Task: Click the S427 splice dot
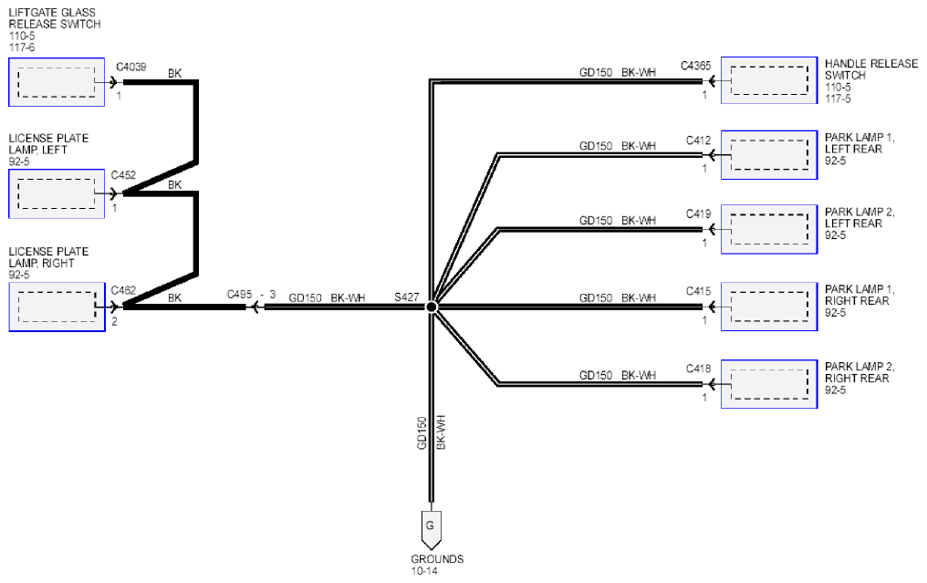tap(432, 307)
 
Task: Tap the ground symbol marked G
tap(431, 528)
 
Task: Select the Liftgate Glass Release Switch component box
tap(57, 82)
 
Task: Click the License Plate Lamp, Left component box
tap(57, 194)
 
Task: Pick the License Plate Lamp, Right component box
tap(57, 307)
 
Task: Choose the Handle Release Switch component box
tap(769, 80)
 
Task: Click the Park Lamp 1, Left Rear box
tap(769, 155)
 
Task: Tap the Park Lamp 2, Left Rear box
tap(769, 229)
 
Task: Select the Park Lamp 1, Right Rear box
tap(769, 307)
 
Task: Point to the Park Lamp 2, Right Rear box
tap(769, 384)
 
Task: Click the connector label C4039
tap(130, 67)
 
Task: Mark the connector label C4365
tap(695, 66)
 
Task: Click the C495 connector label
tap(239, 294)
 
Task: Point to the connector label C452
tap(123, 175)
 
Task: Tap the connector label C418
tap(698, 369)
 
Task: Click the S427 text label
tap(407, 297)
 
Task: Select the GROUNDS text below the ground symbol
tap(437, 558)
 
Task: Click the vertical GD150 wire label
tap(422, 432)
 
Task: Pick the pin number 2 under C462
tap(114, 322)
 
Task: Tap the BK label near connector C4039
tap(174, 73)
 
